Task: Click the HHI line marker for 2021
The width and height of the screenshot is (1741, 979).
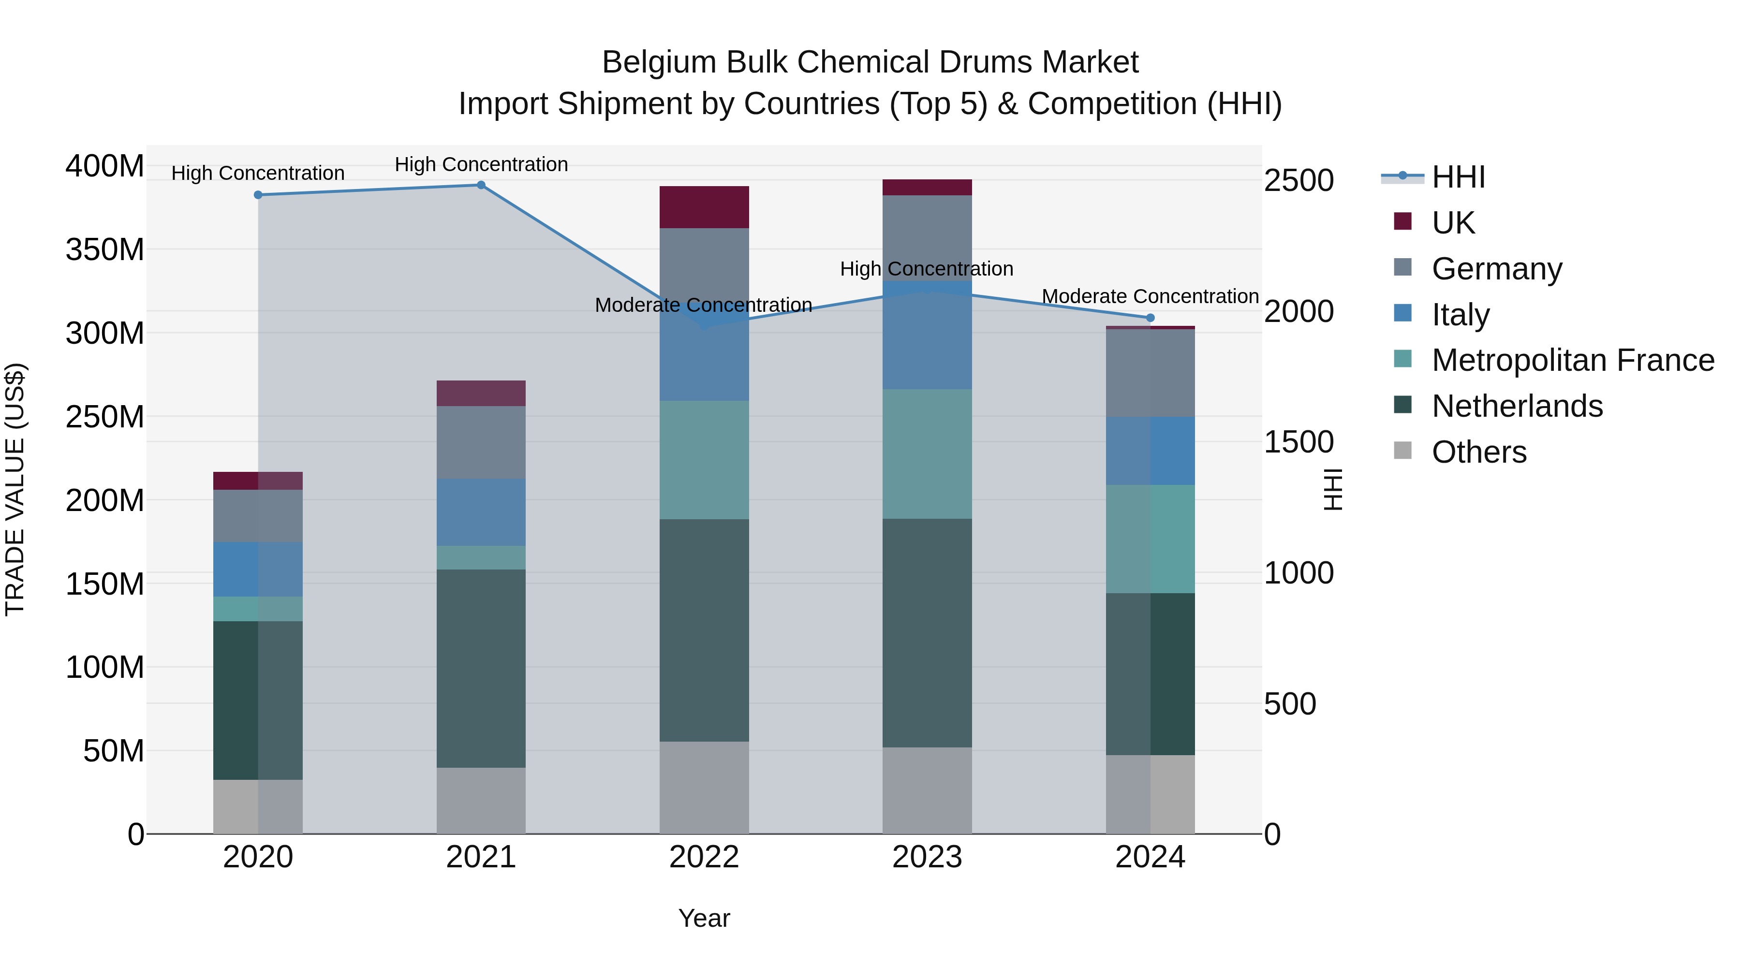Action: (481, 185)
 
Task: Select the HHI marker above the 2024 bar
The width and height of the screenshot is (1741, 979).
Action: (1151, 318)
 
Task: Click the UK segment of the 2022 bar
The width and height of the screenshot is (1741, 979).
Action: (704, 207)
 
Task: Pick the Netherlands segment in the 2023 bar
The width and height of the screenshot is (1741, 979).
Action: (927, 633)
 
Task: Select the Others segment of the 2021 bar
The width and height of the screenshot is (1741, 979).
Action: (481, 801)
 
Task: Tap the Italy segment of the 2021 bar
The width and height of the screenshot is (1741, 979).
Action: (481, 512)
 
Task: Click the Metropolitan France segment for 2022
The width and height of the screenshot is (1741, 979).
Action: (704, 460)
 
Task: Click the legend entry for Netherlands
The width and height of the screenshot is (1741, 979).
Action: (1517, 407)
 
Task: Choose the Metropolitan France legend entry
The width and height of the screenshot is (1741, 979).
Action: (1572, 361)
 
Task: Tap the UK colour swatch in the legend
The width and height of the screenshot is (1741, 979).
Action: (1403, 221)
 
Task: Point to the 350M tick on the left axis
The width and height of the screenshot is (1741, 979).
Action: (105, 250)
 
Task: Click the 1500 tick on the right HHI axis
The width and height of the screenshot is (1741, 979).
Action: (1298, 442)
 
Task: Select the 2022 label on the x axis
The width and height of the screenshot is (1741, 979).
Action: (704, 857)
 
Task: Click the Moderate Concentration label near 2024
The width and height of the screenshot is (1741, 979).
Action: (1151, 297)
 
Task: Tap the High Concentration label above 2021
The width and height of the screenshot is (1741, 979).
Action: (481, 165)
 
